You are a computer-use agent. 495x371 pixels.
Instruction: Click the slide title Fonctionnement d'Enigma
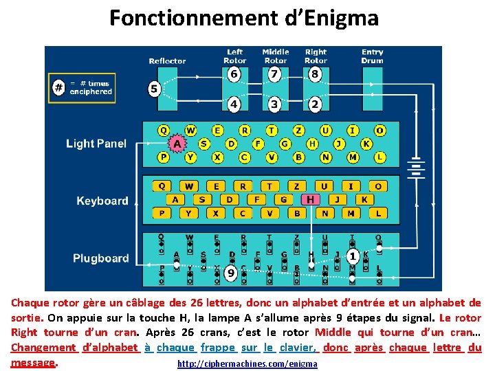244,18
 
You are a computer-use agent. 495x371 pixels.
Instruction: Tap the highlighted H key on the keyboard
311,199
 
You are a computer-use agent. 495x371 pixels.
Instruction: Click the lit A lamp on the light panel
177,144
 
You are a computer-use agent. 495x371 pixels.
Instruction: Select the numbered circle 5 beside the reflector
155,89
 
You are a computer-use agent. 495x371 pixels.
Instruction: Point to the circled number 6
234,74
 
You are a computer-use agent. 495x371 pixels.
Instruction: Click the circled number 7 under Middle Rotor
275,74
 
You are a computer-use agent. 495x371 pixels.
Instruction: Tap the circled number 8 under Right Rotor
315,74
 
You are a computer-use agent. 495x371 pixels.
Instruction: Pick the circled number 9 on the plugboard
231,273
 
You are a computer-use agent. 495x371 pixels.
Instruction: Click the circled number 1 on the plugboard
353,256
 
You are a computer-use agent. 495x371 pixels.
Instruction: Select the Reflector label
167,61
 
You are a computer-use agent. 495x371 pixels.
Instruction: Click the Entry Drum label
372,56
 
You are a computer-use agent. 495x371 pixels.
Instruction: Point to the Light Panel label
96,144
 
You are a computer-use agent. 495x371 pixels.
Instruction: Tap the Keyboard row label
102,201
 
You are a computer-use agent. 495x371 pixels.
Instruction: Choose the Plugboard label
101,258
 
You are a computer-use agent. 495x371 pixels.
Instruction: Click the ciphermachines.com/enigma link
247,363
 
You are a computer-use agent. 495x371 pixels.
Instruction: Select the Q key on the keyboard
162,186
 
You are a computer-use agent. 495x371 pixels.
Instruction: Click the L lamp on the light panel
379,157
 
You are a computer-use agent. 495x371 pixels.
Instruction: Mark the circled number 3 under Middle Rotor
274,104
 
